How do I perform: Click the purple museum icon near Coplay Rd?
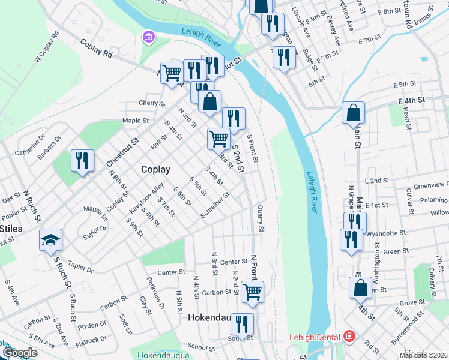(148, 38)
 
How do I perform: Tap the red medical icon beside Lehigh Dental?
(349, 337)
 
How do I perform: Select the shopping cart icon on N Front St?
(253, 292)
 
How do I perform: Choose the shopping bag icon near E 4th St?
(354, 112)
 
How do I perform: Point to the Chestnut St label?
(122, 153)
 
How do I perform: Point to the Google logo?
(19, 353)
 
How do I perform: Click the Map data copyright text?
(423, 355)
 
